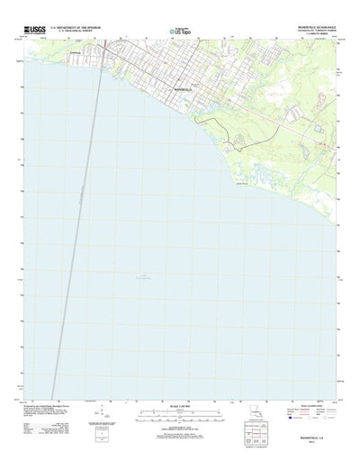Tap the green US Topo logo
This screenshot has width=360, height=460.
click(x=177, y=32)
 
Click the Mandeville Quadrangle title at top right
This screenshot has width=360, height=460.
click(x=319, y=28)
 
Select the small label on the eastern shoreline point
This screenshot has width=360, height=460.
click(x=240, y=186)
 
